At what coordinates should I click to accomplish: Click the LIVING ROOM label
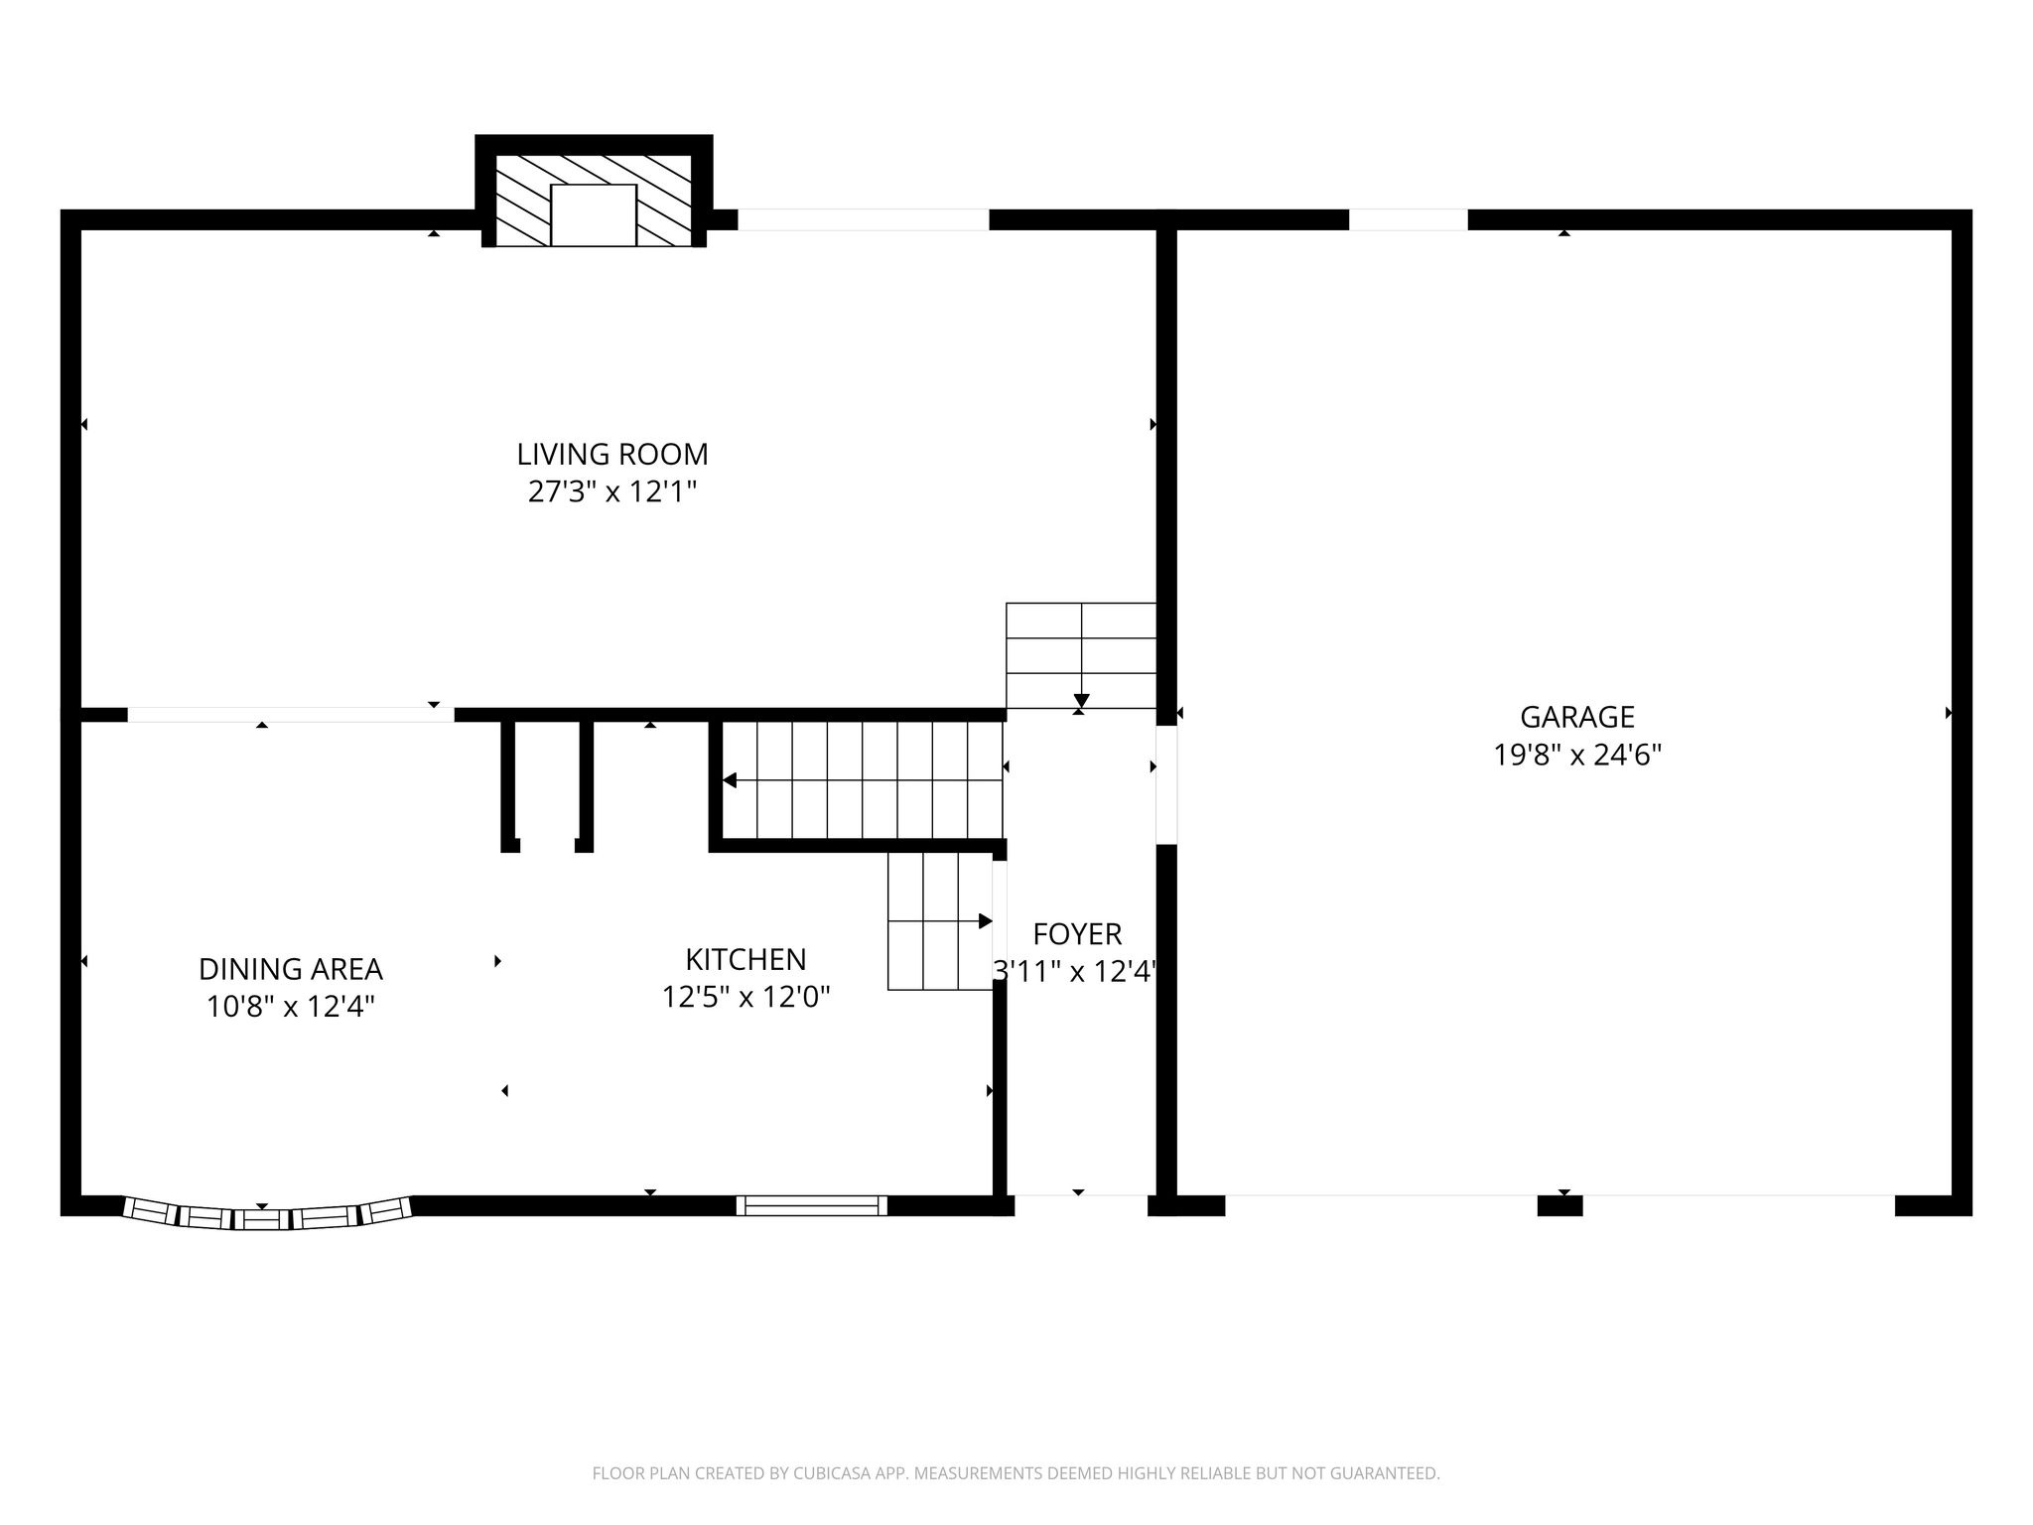click(x=612, y=455)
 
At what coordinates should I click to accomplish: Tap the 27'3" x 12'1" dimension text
click(x=612, y=492)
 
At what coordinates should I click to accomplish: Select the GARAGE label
click(x=1577, y=717)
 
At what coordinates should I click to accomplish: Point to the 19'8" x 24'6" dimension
click(x=1577, y=756)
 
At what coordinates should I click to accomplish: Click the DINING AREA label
click(x=291, y=969)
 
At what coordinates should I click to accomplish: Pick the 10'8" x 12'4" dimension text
click(x=291, y=1007)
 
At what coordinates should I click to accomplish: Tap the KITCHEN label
click(x=745, y=959)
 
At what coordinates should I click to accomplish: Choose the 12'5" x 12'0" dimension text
click(x=745, y=997)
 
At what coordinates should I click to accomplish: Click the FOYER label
click(x=1077, y=934)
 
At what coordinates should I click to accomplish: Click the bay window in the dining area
click(x=266, y=1214)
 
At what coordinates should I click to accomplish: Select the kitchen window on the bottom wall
click(x=812, y=1205)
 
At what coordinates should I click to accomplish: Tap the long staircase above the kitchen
click(x=862, y=780)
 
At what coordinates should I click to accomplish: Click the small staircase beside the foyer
click(x=940, y=921)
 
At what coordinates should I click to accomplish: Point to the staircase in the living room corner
click(x=1081, y=655)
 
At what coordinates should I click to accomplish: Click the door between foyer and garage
click(x=1166, y=785)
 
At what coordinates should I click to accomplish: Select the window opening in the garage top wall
click(x=1408, y=219)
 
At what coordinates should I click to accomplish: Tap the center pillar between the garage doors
click(x=1559, y=1205)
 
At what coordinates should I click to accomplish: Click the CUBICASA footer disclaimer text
click(x=1016, y=1473)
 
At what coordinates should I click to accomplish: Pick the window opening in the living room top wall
click(x=864, y=219)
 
